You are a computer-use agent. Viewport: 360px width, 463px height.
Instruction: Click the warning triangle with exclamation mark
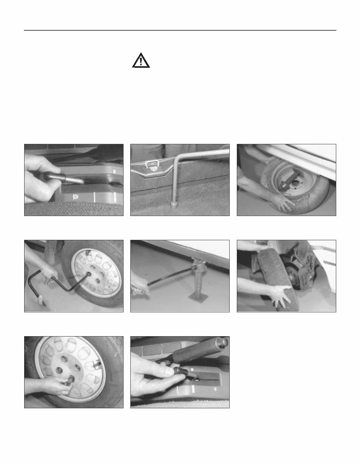tap(141, 61)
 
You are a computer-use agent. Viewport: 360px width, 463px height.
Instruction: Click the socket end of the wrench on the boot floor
tap(173, 206)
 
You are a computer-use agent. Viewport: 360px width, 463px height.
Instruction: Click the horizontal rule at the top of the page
tap(180, 30)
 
